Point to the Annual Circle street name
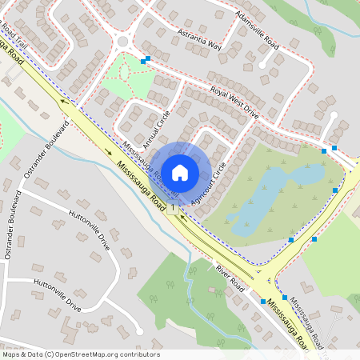pos(158,129)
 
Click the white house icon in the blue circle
pos(180,172)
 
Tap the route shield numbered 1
pos(171,206)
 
